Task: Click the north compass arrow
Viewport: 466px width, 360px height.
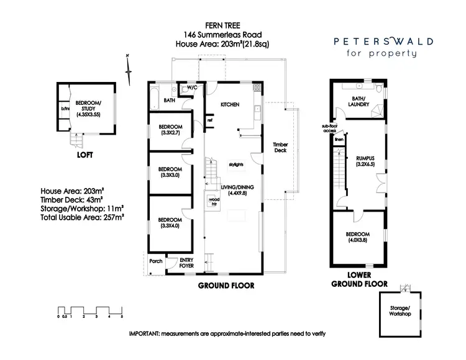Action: click(129, 69)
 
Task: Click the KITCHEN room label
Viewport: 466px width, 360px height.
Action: click(230, 105)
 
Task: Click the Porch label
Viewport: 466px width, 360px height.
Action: click(156, 261)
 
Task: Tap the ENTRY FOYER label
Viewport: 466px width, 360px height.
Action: click(186, 263)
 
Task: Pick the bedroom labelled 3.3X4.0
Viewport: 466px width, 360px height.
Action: click(169, 223)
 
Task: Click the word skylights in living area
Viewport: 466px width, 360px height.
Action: click(235, 163)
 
